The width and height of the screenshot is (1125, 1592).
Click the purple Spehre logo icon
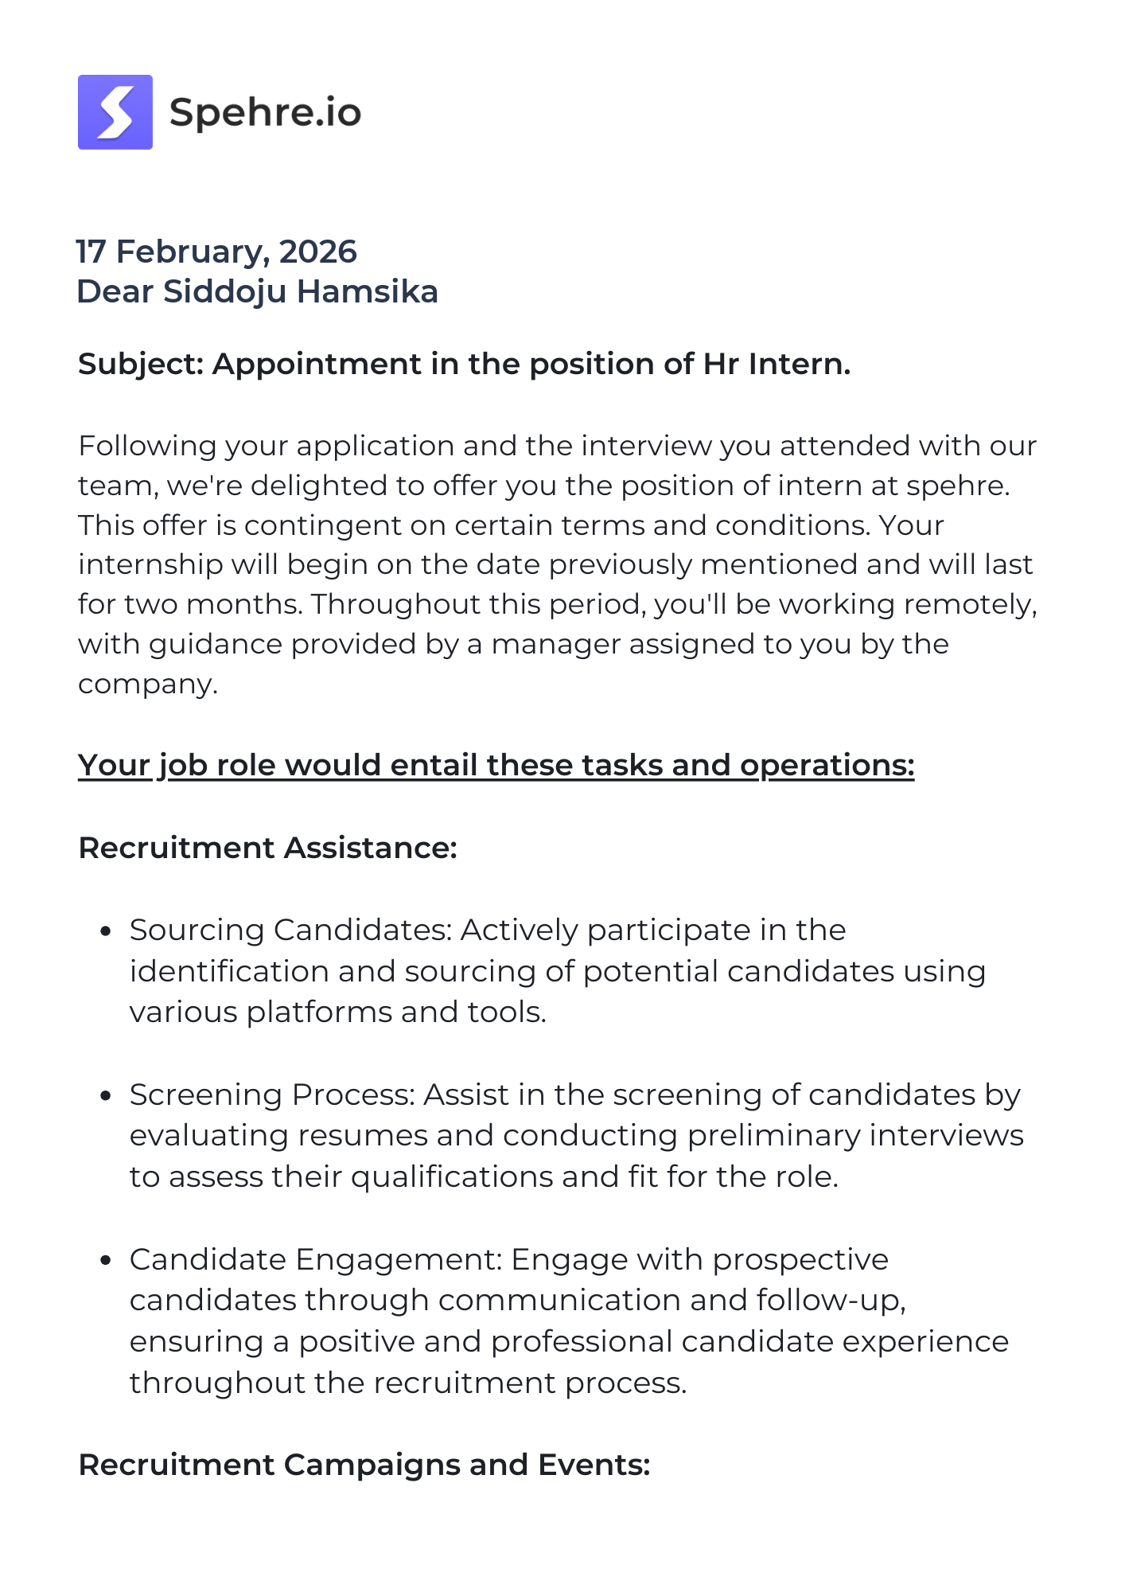pyautogui.click(x=115, y=112)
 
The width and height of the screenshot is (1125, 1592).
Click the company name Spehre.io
pyautogui.click(x=265, y=112)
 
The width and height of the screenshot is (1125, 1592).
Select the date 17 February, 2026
pyautogui.click(x=216, y=252)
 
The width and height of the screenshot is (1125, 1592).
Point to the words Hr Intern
pyautogui.click(x=776, y=364)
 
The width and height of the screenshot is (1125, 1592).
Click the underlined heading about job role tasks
pyautogui.click(x=496, y=765)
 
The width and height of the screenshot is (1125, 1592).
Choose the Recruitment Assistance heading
pyautogui.click(x=267, y=848)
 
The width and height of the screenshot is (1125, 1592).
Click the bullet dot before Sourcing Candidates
pyautogui.click(x=106, y=931)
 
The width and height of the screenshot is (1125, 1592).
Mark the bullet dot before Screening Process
pyautogui.click(x=106, y=1096)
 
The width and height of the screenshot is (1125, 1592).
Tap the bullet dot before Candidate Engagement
pyautogui.click(x=106, y=1261)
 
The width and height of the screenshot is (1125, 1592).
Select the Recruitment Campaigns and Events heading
pyautogui.click(x=364, y=1465)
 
